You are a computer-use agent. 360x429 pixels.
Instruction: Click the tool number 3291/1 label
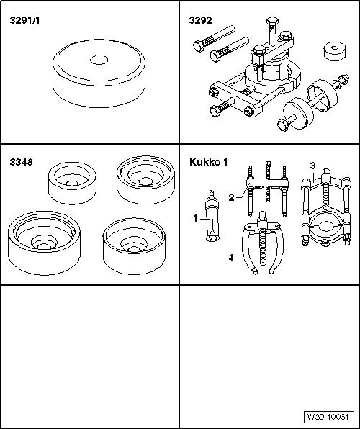point(24,21)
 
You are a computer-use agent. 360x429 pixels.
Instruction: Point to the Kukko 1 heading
point(208,162)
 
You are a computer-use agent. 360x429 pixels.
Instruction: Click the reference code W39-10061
point(328,417)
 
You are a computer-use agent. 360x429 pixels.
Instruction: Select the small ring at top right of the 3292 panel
point(333,53)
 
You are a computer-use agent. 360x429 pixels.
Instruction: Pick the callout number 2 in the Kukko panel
point(231,197)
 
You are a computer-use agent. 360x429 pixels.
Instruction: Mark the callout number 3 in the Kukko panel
point(312,166)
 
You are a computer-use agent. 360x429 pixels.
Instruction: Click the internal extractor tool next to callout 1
point(213,220)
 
